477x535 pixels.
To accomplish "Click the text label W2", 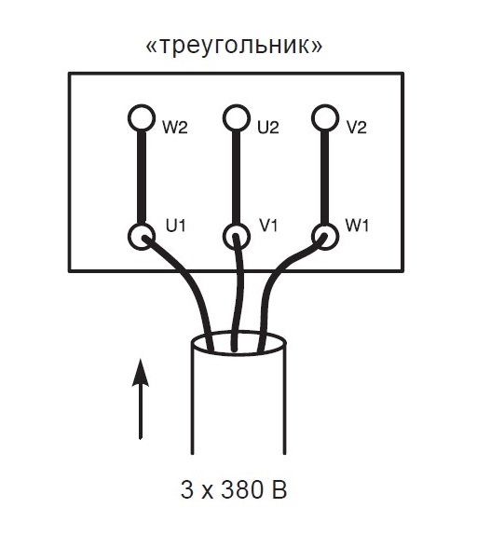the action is pyautogui.click(x=174, y=128).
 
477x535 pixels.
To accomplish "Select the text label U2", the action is pyautogui.click(x=268, y=128).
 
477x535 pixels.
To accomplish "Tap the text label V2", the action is pyautogui.click(x=357, y=128).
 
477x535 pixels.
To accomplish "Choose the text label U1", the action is pyautogui.click(x=175, y=226).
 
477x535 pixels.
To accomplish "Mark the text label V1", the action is pyautogui.click(x=268, y=226).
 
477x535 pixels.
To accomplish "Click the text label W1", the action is pyautogui.click(x=357, y=226).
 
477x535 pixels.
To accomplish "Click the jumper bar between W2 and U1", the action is pyautogui.click(x=142, y=177).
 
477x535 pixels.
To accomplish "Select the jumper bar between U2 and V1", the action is pyautogui.click(x=237, y=177).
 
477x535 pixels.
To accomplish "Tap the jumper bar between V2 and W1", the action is pyautogui.click(x=325, y=177).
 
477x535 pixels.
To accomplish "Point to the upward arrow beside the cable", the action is pyautogui.click(x=141, y=399).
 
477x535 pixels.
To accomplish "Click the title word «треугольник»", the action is pyautogui.click(x=234, y=46).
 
